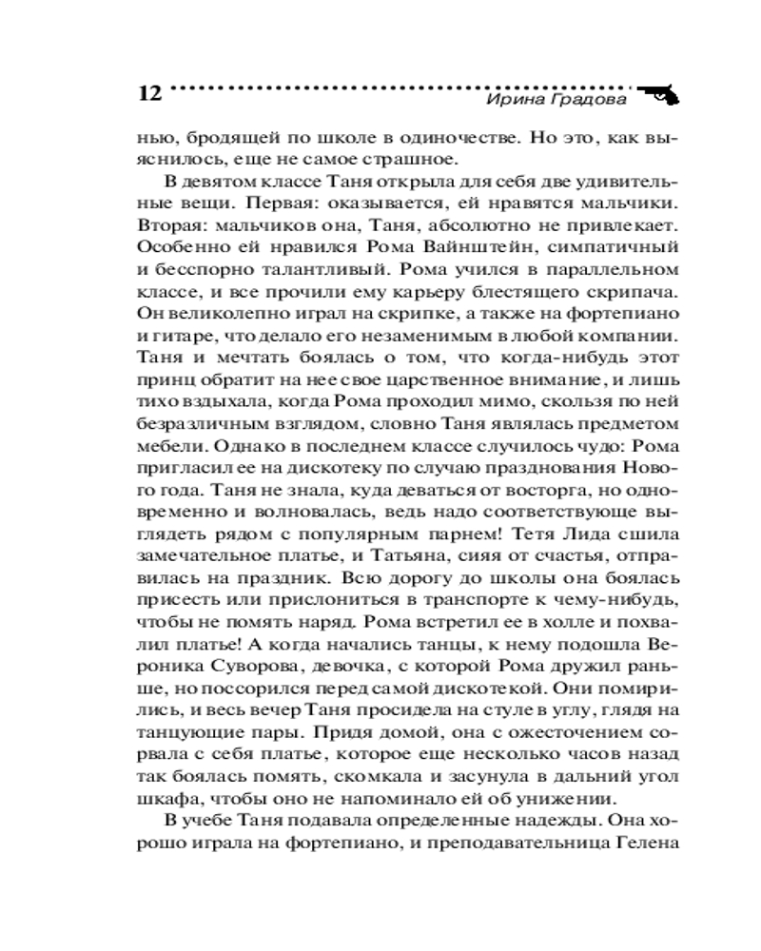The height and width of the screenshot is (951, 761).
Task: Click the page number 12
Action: (x=150, y=94)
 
